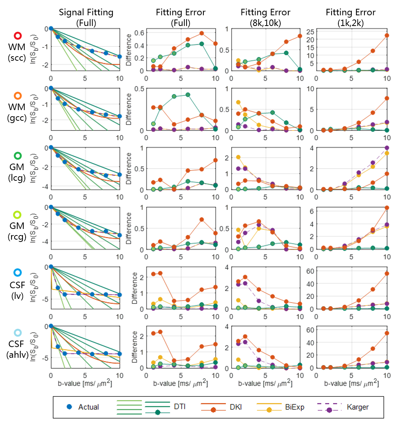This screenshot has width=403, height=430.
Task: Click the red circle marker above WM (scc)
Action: pos(18,36)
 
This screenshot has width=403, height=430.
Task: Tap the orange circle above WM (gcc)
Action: pos(18,96)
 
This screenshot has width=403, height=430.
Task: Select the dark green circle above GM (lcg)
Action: pos(18,156)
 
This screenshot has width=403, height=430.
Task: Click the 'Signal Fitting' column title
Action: pos(86,12)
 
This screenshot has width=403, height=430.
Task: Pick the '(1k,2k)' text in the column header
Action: pos(351,23)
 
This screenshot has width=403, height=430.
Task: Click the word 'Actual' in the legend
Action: pos(89,407)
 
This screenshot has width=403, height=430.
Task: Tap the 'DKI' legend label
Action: pos(235,407)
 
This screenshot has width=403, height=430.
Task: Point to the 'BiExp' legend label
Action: pos(294,407)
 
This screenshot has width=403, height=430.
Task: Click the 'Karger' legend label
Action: pos(358,407)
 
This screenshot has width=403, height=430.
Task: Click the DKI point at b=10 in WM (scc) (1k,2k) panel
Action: pos(387,36)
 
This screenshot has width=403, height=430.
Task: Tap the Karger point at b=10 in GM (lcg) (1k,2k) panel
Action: pos(387,148)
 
